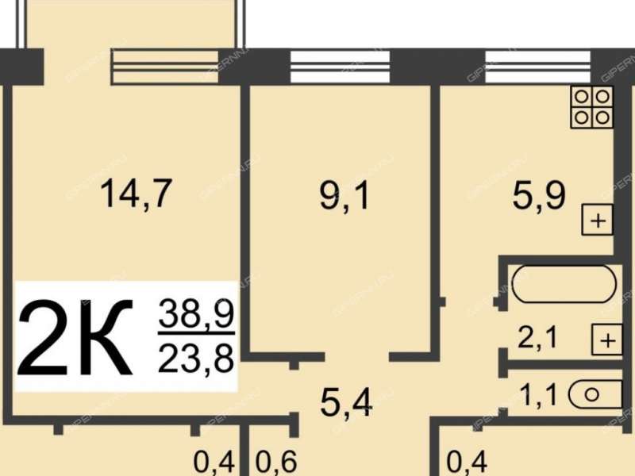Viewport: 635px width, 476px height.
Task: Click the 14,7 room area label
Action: click(x=136, y=194)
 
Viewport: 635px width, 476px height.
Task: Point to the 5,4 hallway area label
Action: click(x=346, y=403)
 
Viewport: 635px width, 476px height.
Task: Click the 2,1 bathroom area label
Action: click(x=538, y=337)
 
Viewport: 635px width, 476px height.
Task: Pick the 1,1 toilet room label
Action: click(x=539, y=394)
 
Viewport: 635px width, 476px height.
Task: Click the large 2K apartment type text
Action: click(x=75, y=337)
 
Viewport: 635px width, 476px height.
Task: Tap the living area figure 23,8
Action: click(x=196, y=359)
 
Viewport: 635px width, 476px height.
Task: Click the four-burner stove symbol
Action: click(x=591, y=107)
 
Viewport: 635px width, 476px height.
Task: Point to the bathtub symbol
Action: click(x=564, y=284)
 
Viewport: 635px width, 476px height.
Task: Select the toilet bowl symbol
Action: click(x=595, y=394)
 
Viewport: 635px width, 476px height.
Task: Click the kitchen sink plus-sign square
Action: click(x=598, y=221)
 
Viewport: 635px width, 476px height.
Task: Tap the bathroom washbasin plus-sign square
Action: click(x=607, y=340)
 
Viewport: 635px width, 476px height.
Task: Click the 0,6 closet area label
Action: click(x=276, y=462)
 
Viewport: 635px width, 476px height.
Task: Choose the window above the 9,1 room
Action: click(x=340, y=67)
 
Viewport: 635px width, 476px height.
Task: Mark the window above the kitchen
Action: click(x=537, y=67)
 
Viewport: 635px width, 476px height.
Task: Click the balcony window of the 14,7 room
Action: click(x=165, y=67)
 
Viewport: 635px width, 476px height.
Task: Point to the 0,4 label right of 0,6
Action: click(x=467, y=462)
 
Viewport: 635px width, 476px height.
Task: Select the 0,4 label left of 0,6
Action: click(x=214, y=462)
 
